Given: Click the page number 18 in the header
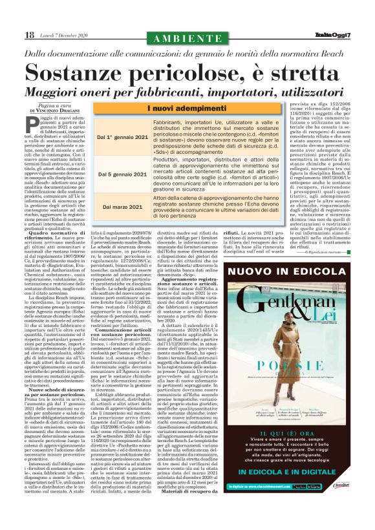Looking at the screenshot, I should tap(30, 34).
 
